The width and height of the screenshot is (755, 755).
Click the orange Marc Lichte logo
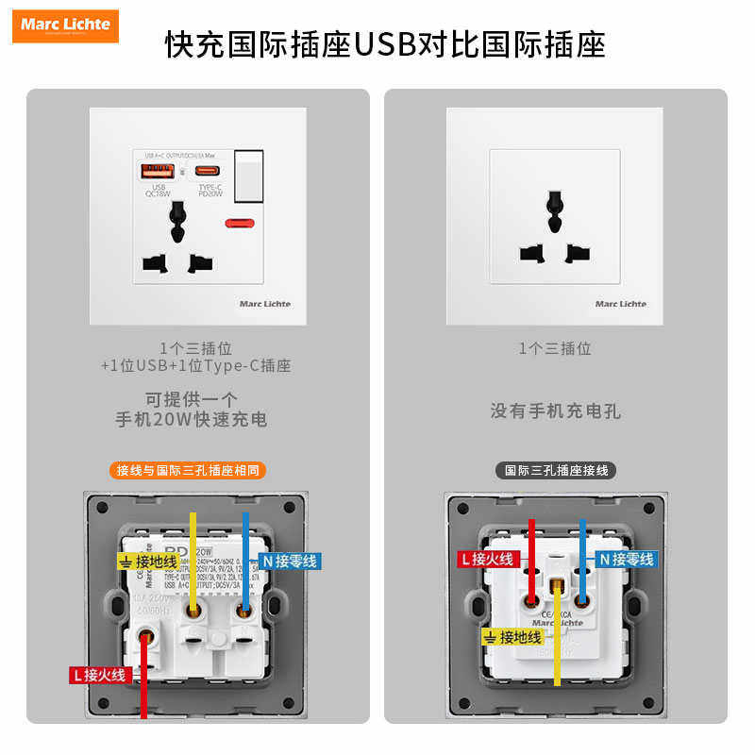point(66,25)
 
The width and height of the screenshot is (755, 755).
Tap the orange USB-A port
point(158,172)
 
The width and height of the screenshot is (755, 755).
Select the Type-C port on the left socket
point(210,172)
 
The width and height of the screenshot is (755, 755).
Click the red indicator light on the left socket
point(240,225)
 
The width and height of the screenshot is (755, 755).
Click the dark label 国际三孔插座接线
point(556,470)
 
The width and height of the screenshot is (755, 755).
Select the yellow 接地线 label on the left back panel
point(148,562)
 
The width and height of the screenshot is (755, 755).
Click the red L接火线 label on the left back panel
point(99,675)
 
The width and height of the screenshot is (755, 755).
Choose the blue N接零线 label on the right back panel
point(626,560)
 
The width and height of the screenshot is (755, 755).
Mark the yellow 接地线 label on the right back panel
point(514,637)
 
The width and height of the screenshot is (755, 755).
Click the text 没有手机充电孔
point(555,411)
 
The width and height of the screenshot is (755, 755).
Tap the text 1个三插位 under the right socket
point(555,348)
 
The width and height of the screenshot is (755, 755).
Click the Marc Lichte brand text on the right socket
point(621,304)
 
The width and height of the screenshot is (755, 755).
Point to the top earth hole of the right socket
point(555,202)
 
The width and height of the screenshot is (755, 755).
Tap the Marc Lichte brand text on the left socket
point(265,304)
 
